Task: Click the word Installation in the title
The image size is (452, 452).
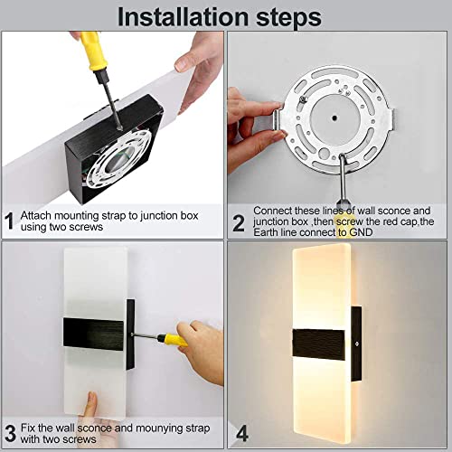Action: [183, 16]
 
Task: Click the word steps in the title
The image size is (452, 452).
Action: [288, 18]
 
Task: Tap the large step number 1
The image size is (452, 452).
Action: [10, 221]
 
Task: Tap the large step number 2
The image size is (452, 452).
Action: [239, 223]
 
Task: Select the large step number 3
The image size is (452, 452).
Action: [10, 433]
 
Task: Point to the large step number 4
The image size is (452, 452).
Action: [242, 434]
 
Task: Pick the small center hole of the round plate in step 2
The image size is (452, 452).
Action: [334, 118]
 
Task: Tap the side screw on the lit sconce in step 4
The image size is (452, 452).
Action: [356, 344]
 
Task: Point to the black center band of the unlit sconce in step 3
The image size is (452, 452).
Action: [93, 334]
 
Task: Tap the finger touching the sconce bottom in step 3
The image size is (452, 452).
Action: [90, 404]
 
